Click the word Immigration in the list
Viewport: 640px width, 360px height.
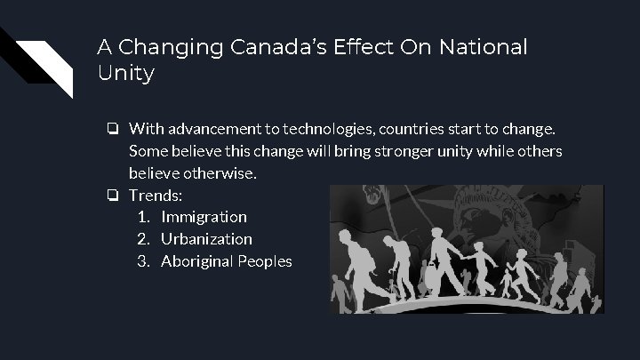coord(204,216)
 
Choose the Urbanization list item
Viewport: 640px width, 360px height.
coord(206,239)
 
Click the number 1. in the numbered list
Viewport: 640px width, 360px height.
coord(146,216)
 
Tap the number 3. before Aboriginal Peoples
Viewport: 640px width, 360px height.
coord(146,262)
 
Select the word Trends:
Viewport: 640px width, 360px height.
coord(155,194)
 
